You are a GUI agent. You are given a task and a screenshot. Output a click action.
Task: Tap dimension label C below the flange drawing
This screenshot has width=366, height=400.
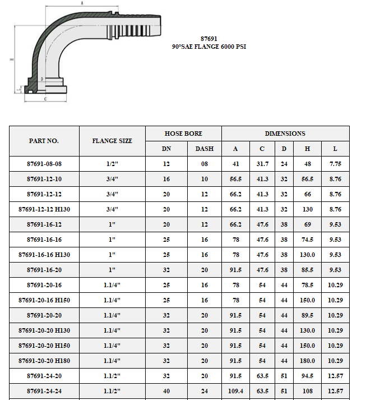(x=45, y=98)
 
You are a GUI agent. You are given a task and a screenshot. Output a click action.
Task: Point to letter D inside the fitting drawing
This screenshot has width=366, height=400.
(x=43, y=79)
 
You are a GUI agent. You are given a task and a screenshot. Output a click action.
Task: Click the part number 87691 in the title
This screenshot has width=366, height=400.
(x=209, y=40)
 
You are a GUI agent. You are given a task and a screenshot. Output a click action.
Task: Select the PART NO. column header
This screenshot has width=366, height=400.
(x=44, y=141)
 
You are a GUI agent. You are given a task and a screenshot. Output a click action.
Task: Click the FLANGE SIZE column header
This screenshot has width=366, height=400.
(x=112, y=141)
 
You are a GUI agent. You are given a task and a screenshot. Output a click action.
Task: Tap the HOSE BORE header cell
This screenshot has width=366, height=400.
(x=183, y=134)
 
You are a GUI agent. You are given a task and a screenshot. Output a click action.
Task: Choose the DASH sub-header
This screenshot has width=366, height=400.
(x=204, y=149)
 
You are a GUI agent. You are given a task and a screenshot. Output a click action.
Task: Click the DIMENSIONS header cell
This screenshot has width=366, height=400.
(x=285, y=134)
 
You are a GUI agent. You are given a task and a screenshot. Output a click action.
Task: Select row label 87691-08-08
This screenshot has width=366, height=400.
(x=44, y=164)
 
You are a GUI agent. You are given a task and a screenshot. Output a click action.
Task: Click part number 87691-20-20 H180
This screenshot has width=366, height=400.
(x=44, y=360)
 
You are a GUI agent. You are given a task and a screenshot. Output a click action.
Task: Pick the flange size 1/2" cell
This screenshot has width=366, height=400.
(x=112, y=164)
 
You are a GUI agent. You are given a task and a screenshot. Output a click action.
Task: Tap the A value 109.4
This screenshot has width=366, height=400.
(x=235, y=390)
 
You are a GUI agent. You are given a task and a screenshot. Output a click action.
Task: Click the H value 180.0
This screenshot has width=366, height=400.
(x=307, y=360)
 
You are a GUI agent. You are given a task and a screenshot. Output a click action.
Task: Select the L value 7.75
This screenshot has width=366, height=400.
(x=335, y=164)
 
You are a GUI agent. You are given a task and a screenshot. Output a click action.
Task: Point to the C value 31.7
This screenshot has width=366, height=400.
(x=262, y=164)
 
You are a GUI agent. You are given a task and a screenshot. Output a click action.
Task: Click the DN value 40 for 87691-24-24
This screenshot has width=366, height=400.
(x=166, y=390)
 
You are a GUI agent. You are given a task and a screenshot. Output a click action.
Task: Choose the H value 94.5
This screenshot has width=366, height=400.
(x=307, y=375)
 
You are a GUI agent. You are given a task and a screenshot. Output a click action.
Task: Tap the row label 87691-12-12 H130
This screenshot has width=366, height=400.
(x=44, y=209)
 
